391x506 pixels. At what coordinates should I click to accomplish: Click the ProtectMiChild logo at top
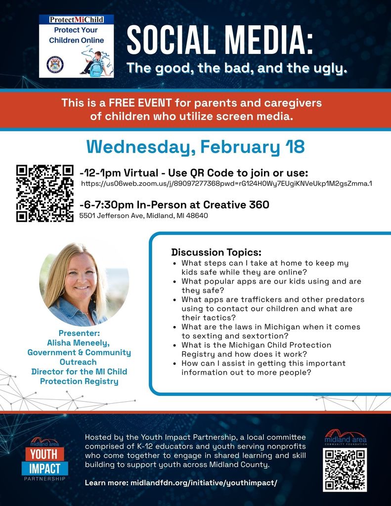[x=77, y=45]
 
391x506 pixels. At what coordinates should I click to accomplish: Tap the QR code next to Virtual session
[x=45, y=193]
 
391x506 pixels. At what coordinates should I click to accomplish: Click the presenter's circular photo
[x=84, y=284]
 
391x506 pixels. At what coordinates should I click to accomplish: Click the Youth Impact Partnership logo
[x=44, y=460]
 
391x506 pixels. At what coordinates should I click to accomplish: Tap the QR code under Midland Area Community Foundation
[x=345, y=469]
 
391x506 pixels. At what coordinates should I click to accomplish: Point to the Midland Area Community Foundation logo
[x=345, y=437]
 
